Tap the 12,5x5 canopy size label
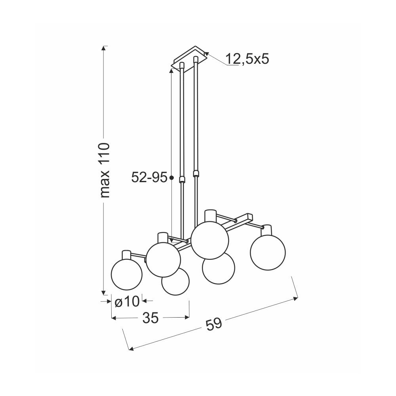click(x=247, y=59)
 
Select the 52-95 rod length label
click(x=149, y=177)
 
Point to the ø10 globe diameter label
click(x=127, y=301)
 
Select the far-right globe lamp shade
click(x=268, y=252)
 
